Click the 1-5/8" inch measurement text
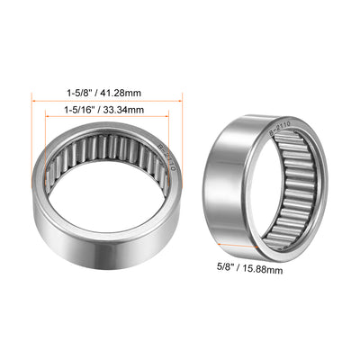pyautogui.click(x=84, y=91)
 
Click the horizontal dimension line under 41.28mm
pyautogui.click(x=108, y=100)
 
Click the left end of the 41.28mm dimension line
pyautogui.click(x=33, y=100)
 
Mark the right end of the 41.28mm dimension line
pyautogui.click(x=183, y=100)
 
